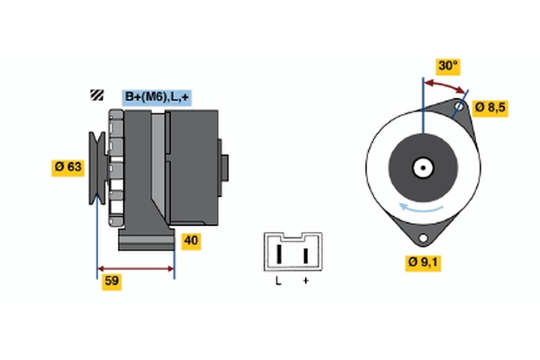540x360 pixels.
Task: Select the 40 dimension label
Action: tap(191, 240)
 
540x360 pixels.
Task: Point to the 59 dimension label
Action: tap(112, 281)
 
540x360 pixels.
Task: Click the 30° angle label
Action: tap(447, 66)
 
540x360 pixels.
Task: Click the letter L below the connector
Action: tap(278, 283)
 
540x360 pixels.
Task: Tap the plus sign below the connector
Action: tap(305, 283)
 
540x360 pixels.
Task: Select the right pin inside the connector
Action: tap(305, 254)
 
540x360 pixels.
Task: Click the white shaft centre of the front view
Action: tap(421, 167)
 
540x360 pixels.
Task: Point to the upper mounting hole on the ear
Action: tap(460, 108)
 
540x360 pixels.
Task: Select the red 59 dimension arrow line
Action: tap(135, 268)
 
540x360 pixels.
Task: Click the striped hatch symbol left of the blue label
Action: tap(95, 96)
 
